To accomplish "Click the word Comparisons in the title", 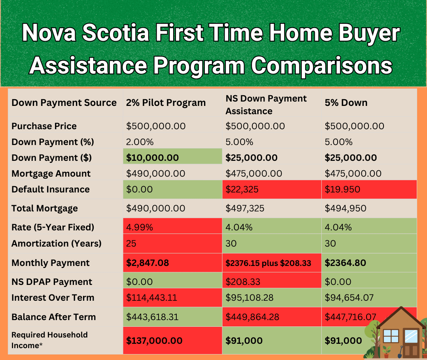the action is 321,66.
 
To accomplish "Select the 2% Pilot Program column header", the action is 166,103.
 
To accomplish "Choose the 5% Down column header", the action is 346,103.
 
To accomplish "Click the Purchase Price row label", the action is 44,126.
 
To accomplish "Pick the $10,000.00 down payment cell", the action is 173,156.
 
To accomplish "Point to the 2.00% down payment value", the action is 140,142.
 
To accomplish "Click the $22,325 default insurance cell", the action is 272,189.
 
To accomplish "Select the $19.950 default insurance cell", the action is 369,189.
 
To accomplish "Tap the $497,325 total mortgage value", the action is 245,208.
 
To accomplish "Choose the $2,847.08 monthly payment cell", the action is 173,263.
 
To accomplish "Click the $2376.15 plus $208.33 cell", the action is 272,263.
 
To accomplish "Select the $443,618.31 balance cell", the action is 173,317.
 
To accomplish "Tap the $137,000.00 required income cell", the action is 173,340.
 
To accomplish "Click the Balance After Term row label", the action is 54,317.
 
